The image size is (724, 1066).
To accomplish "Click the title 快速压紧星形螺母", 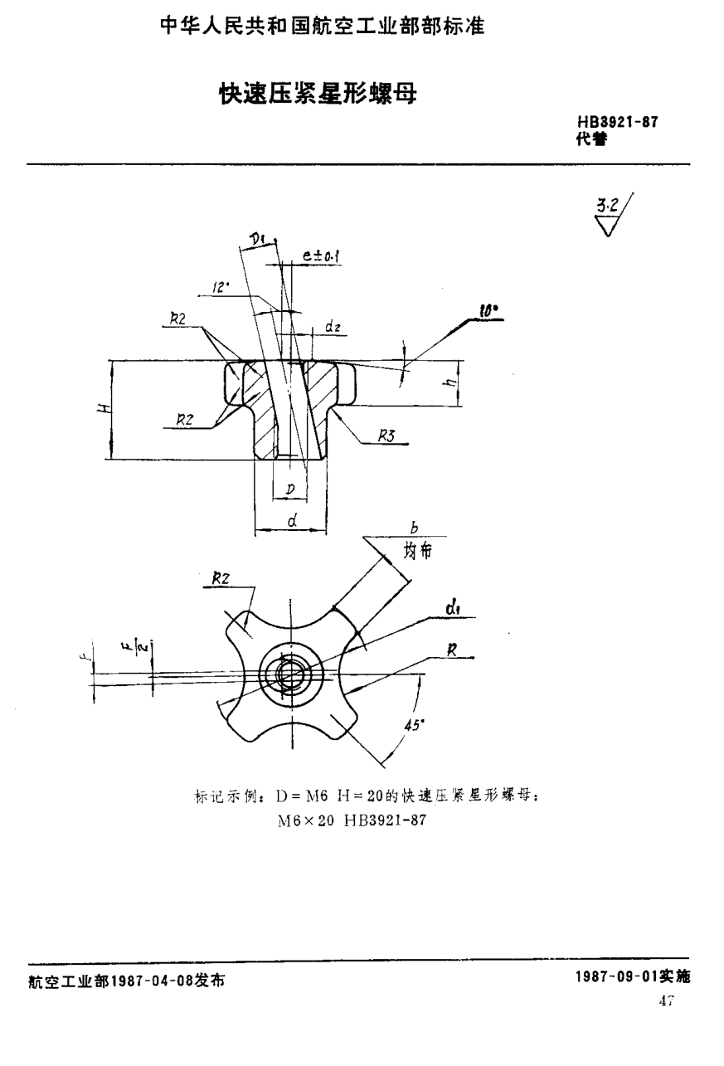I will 316,91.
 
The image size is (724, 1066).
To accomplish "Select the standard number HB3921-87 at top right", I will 618,124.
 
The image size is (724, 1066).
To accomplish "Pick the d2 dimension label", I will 333,328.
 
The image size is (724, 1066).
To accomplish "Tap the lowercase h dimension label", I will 447,383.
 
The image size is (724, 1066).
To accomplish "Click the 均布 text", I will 418,550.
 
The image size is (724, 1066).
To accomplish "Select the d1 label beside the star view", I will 453,611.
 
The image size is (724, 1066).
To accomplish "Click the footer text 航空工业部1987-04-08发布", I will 125,980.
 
